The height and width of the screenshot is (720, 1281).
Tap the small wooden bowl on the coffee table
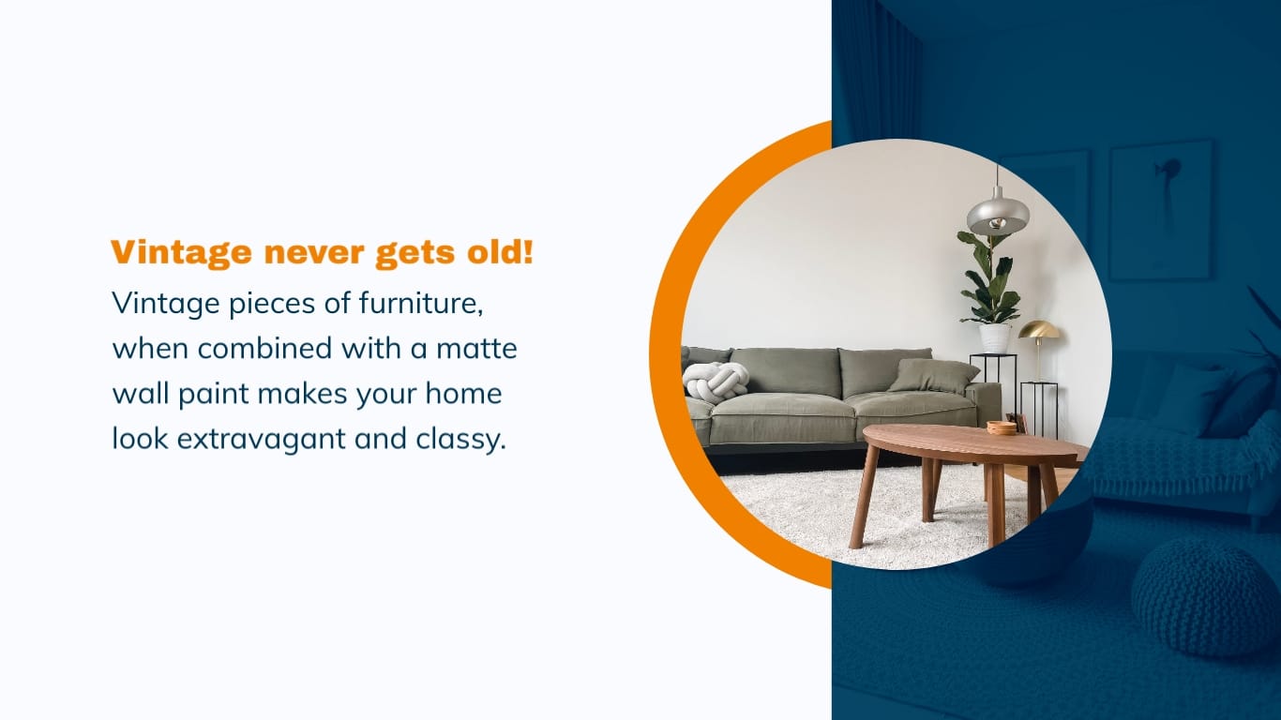(x=1002, y=427)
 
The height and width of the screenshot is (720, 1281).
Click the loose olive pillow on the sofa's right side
(x=933, y=375)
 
